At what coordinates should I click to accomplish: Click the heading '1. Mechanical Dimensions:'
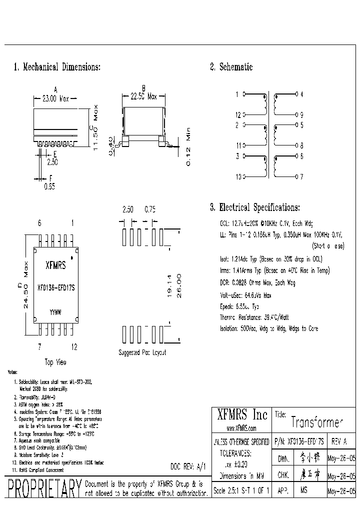57,67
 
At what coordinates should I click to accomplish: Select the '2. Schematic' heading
231,67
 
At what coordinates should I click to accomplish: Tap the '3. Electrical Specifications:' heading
254,207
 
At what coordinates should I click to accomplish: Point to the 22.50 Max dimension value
144,96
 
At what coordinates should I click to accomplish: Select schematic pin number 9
301,114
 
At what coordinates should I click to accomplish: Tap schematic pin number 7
301,176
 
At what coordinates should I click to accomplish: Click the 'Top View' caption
55,362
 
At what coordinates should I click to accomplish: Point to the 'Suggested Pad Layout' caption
142,352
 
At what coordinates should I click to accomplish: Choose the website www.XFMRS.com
241,428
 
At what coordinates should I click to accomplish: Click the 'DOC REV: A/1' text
187,466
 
